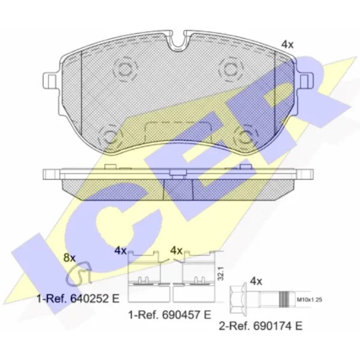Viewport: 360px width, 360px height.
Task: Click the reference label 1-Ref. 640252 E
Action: pos(78,298)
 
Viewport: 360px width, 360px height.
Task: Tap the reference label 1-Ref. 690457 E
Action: pos(170,314)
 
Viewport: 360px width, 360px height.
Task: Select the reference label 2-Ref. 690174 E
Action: pos(260,326)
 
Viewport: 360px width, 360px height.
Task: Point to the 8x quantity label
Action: pos(70,258)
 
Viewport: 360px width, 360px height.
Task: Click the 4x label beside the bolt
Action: pos(256,281)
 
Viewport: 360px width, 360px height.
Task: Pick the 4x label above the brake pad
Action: pos(287,44)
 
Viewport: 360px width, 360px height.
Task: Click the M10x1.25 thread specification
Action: pos(309,299)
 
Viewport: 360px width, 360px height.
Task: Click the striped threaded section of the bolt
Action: pos(284,299)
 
